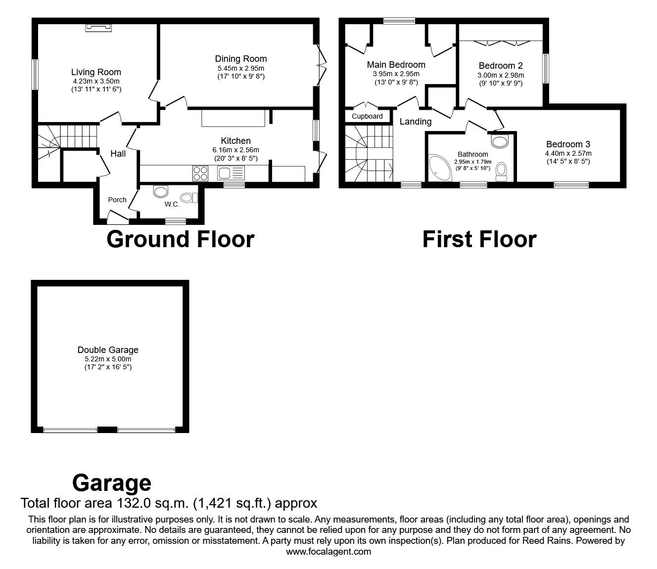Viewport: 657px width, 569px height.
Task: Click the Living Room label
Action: coord(96,72)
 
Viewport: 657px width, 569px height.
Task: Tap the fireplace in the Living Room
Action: coord(97,27)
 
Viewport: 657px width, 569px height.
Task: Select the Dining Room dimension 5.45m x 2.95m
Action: coord(241,68)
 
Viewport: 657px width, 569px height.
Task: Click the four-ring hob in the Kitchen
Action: coord(200,173)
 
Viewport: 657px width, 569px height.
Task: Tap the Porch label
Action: coord(117,200)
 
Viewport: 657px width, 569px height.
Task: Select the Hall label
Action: coord(118,154)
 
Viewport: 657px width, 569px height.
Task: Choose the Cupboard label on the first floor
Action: coord(367,116)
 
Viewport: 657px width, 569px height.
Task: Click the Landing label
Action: coord(416,122)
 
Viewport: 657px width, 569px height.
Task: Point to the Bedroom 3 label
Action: coord(568,144)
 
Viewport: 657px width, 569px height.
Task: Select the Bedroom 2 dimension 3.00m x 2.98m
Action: coord(501,75)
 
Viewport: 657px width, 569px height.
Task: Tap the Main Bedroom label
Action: coord(396,65)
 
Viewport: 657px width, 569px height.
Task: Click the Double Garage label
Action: coord(108,350)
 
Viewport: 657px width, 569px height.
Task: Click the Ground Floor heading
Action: coord(180,239)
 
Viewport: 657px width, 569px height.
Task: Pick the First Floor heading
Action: coord(479,239)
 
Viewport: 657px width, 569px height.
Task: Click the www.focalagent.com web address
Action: coord(328,552)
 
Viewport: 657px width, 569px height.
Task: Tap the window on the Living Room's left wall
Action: coord(35,75)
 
